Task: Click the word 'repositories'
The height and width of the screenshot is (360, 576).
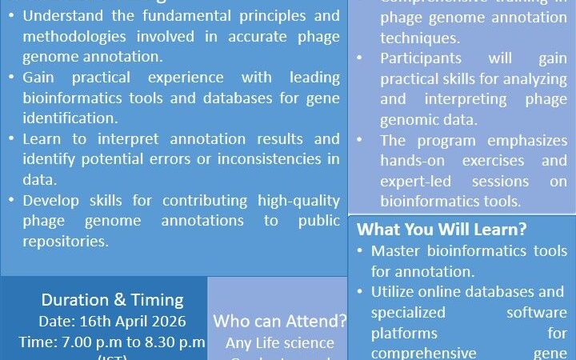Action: click(x=68, y=239)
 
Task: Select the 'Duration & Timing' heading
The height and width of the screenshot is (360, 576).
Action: click(x=112, y=301)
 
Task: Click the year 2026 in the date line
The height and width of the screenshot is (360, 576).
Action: click(x=166, y=321)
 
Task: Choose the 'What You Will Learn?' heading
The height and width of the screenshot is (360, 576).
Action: click(x=442, y=230)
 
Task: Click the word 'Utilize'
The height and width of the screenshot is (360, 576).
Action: click(x=398, y=291)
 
